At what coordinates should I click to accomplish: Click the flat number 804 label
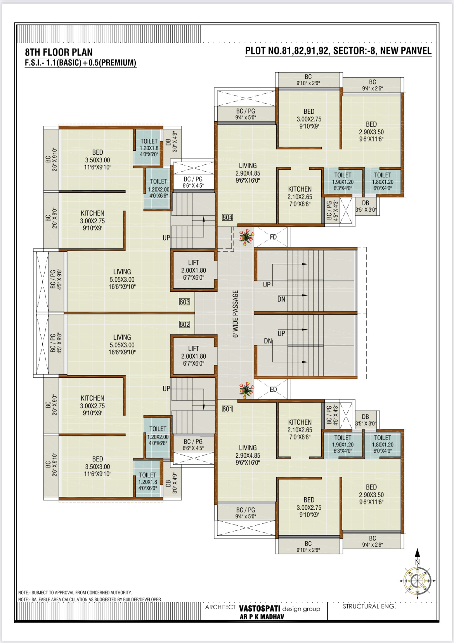coord(227,217)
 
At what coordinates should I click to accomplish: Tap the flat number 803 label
coord(184,302)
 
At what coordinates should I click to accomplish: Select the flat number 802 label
coord(184,324)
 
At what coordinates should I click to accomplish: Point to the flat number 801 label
coord(227,409)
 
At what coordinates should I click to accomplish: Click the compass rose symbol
coord(417,581)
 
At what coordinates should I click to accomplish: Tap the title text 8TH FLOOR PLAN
coord(59,52)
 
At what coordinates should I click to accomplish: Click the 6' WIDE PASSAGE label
coord(236,314)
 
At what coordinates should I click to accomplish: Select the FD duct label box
coord(272,237)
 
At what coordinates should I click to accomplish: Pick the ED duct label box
coord(272,389)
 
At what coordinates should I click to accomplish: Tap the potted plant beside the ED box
coord(246,390)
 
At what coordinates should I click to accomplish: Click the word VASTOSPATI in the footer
coord(259,608)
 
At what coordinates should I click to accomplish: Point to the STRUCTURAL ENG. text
coord(369,606)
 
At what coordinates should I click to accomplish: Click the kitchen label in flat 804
coord(300,197)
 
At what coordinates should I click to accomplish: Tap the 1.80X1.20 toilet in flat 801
coord(383,444)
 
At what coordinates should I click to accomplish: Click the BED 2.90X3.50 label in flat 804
coord(371,132)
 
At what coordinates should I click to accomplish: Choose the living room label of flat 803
coord(122,279)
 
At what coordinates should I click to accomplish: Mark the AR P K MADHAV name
coord(262,617)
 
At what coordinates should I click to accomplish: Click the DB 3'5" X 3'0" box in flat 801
coord(366,420)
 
